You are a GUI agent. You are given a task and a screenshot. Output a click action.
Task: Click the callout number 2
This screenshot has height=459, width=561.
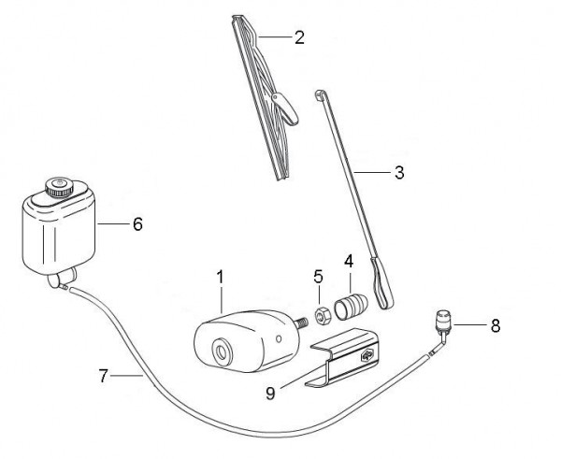[299, 37]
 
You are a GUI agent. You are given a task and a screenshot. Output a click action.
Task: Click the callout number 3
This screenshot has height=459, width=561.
[399, 172]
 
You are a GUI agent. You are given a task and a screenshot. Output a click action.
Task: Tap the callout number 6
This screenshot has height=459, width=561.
[137, 224]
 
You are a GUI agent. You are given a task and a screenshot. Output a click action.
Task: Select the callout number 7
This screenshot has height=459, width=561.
[103, 376]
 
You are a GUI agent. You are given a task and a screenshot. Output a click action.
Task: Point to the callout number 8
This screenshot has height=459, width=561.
[496, 326]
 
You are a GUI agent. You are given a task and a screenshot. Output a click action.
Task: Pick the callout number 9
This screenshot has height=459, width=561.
[270, 394]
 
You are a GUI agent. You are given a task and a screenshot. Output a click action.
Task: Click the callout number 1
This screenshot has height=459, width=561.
[220, 278]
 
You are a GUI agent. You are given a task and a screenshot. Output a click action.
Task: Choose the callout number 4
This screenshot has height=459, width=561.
[349, 262]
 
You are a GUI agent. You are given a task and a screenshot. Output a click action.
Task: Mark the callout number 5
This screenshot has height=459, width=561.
[318, 277]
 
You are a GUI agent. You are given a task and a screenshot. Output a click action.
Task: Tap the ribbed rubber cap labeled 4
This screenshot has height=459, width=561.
[351, 306]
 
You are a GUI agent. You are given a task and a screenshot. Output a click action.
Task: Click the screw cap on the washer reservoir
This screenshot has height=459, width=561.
[59, 188]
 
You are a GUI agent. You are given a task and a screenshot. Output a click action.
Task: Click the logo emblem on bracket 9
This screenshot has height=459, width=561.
[367, 355]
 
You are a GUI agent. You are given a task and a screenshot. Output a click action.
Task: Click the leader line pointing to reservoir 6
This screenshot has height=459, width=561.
[113, 224]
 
